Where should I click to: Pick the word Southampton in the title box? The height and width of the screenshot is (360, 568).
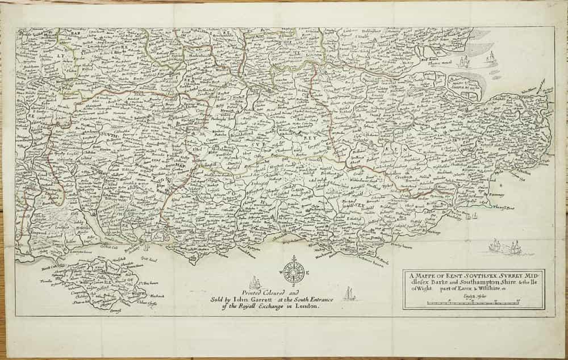[474, 283]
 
